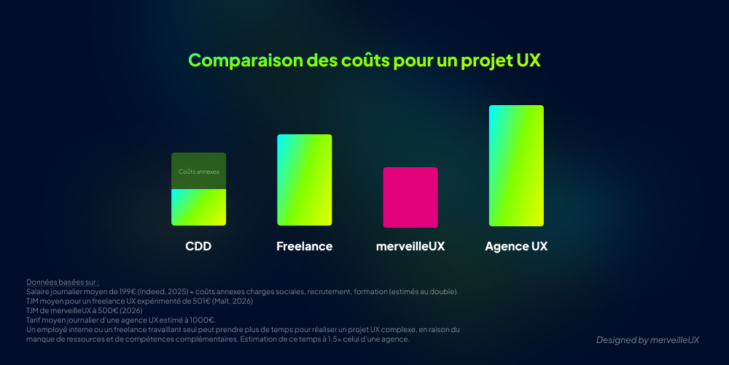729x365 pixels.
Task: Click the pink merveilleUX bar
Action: click(x=410, y=197)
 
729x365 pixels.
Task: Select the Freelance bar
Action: click(x=304, y=180)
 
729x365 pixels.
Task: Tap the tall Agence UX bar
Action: click(x=516, y=166)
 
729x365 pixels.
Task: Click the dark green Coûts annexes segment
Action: click(x=198, y=171)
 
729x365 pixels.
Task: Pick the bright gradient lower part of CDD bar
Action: click(x=198, y=207)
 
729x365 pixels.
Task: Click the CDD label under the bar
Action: click(x=198, y=246)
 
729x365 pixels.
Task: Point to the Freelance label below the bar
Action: click(x=304, y=246)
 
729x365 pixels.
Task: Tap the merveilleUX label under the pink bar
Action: click(x=410, y=246)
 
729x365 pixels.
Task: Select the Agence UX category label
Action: click(x=516, y=246)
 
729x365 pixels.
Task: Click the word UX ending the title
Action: click(x=528, y=61)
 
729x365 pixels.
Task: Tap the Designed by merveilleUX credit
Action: click(x=647, y=340)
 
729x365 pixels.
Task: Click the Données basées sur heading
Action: click(x=62, y=282)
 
